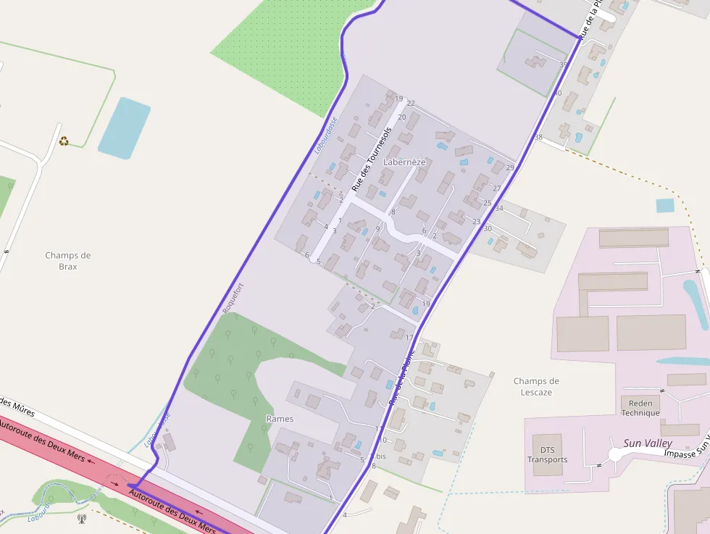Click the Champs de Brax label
(x=67, y=261)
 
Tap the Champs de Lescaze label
(x=536, y=386)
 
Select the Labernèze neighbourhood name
(x=404, y=162)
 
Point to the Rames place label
(x=280, y=419)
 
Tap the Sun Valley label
(x=648, y=443)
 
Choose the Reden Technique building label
(x=640, y=408)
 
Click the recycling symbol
(x=64, y=141)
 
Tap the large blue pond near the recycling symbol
(x=124, y=128)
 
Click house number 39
(x=564, y=65)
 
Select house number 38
(x=538, y=137)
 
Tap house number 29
(x=510, y=168)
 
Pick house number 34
(x=499, y=209)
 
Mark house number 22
(x=411, y=103)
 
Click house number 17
(x=409, y=338)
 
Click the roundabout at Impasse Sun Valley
(x=618, y=454)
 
